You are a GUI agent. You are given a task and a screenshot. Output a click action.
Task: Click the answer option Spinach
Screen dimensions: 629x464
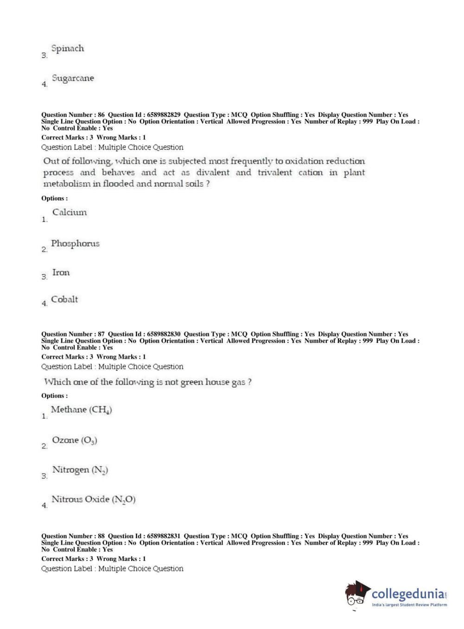coord(68,49)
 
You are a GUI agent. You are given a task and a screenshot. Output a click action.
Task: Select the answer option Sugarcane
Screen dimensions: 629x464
coord(73,78)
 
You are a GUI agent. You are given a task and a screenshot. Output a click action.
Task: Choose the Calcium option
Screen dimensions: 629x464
coord(70,212)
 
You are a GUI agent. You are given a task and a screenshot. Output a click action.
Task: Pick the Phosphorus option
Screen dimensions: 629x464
coord(75,244)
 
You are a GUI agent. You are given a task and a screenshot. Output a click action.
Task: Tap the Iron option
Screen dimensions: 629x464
coord(61,273)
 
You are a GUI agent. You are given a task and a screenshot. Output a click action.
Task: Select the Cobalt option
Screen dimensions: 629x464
coord(64,300)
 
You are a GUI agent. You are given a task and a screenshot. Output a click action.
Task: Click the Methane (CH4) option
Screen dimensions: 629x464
coord(81,410)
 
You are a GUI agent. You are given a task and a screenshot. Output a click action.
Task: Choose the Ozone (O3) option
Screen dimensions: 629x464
coord(74,440)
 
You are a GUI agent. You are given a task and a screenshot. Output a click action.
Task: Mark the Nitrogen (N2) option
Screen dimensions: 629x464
coord(80,470)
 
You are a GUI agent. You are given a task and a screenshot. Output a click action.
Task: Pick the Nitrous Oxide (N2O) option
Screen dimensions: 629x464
coord(93,500)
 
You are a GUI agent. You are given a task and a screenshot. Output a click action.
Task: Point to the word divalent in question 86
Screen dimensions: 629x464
coord(213,173)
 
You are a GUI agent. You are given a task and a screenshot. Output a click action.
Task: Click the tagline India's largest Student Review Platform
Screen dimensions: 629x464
coord(409,605)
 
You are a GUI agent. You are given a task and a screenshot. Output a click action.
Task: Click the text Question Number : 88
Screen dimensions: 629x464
coord(73,536)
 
